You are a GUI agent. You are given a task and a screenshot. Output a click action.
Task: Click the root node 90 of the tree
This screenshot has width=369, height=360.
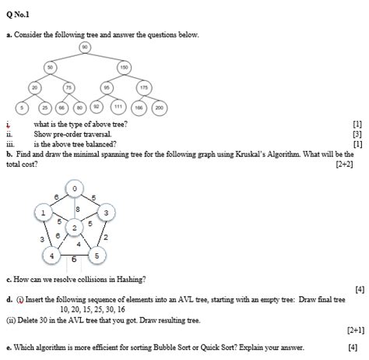pos(83,48)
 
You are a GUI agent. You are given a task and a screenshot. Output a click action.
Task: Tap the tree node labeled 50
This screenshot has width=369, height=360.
pos(49,69)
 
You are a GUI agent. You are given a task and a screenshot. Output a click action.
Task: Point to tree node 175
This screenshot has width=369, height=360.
pos(143,88)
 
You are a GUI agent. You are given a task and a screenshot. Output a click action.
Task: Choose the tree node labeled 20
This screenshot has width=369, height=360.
pos(35,88)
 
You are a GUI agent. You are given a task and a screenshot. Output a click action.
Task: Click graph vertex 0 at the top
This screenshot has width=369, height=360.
pos(74,189)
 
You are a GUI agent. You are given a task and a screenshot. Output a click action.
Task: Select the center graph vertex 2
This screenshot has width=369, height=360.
pos(74,227)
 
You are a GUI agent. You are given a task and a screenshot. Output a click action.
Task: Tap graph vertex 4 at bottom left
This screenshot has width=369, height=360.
pos(51,256)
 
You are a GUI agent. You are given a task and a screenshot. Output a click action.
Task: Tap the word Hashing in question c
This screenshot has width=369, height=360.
pos(127,278)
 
